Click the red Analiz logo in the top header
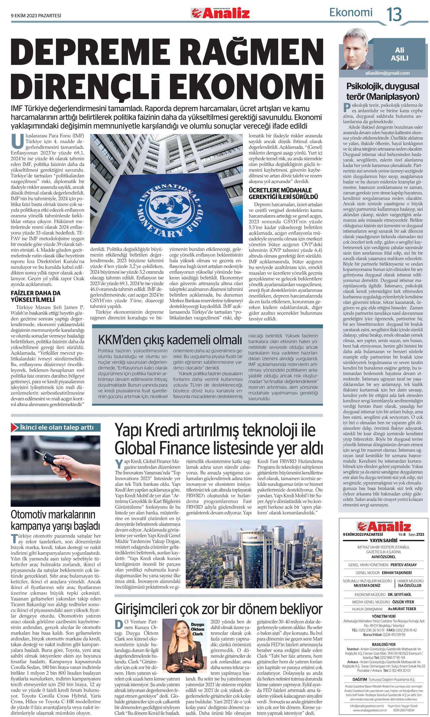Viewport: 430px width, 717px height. tap(220, 13)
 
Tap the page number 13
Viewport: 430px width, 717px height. tap(394, 14)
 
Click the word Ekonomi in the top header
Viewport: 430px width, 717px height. tap(350, 13)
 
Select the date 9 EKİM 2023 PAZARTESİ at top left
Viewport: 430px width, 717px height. tap(36, 15)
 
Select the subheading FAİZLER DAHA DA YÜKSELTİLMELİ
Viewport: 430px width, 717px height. tap(36, 296)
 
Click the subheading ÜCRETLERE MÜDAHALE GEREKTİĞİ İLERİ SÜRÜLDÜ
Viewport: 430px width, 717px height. tap(283, 193)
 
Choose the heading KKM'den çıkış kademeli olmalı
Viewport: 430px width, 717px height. tap(170, 340)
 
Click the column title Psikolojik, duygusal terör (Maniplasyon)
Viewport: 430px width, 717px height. tap(383, 91)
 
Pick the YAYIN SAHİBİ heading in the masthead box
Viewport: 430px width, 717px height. tap(383, 540)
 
